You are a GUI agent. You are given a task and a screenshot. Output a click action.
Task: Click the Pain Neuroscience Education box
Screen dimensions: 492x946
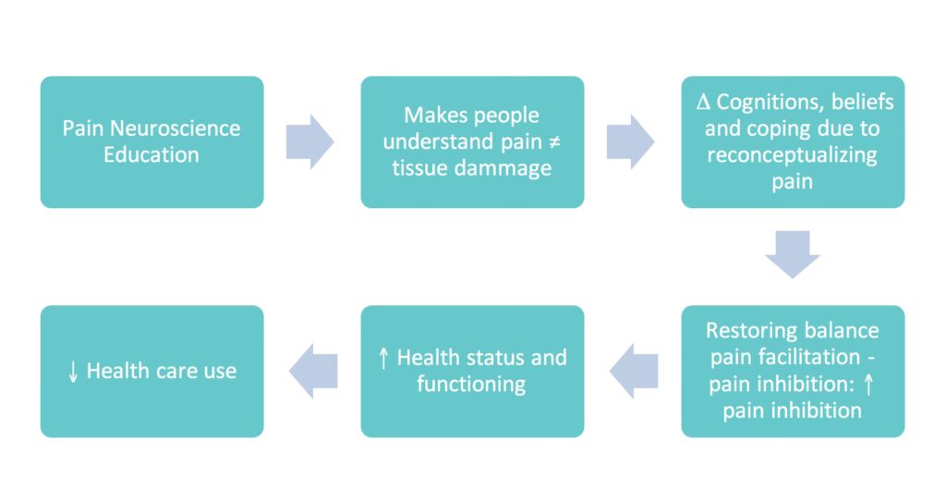tap(152, 141)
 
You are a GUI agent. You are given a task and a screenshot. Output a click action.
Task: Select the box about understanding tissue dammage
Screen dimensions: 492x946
tap(472, 141)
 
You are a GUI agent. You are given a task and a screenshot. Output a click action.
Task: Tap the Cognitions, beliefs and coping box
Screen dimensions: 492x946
tap(793, 141)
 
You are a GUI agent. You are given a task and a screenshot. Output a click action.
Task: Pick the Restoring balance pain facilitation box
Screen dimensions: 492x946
tap(793, 371)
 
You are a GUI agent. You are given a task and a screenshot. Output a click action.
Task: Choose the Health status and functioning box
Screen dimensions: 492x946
tap(472, 371)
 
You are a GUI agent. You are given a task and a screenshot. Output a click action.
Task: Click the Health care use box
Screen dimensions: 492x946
tap(152, 371)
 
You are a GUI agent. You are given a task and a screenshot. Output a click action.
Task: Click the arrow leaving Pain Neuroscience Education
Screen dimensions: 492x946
tap(310, 141)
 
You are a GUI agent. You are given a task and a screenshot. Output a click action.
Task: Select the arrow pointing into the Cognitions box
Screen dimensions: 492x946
tap(631, 141)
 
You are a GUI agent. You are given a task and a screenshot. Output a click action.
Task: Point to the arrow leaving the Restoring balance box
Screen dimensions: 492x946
tap(633, 371)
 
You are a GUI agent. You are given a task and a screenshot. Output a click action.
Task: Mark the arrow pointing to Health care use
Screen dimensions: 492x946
tap(312, 371)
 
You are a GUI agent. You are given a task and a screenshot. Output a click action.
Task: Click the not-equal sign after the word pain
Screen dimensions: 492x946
tap(551, 142)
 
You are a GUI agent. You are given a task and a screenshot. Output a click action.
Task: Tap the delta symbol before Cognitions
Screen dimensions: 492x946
tap(699, 103)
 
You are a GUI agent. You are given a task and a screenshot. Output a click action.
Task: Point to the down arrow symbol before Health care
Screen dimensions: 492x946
tap(73, 372)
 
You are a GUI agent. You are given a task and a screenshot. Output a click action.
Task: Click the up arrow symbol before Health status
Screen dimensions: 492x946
tap(384, 358)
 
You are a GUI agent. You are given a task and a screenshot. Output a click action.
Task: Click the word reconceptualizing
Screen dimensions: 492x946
tap(793, 154)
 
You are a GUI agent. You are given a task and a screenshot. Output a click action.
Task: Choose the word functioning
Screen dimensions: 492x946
tap(472, 384)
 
